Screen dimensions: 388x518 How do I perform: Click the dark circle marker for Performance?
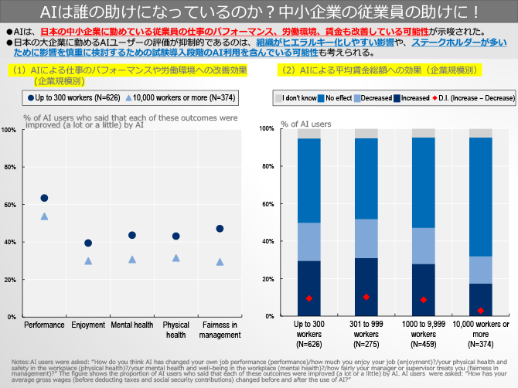pyautogui.click(x=44, y=199)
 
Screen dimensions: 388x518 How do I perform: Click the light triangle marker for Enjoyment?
pyautogui.click(x=88, y=261)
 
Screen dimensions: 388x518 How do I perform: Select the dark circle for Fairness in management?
pyautogui.click(x=220, y=229)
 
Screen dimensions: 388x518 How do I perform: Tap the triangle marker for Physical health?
pyautogui.click(x=176, y=258)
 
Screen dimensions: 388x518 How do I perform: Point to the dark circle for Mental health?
pyautogui.click(x=132, y=236)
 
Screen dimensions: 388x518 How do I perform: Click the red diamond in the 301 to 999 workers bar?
pyautogui.click(x=366, y=297)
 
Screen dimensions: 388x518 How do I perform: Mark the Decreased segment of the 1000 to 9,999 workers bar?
pyautogui.click(x=423, y=246)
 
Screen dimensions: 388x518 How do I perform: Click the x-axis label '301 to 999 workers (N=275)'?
pyautogui.click(x=366, y=334)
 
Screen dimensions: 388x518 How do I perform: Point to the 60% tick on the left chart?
pyautogui.click(x=11, y=205)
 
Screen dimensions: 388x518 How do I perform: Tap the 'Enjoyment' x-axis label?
pyautogui.click(x=88, y=325)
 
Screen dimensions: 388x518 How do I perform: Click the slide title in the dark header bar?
pyautogui.click(x=259, y=12)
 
